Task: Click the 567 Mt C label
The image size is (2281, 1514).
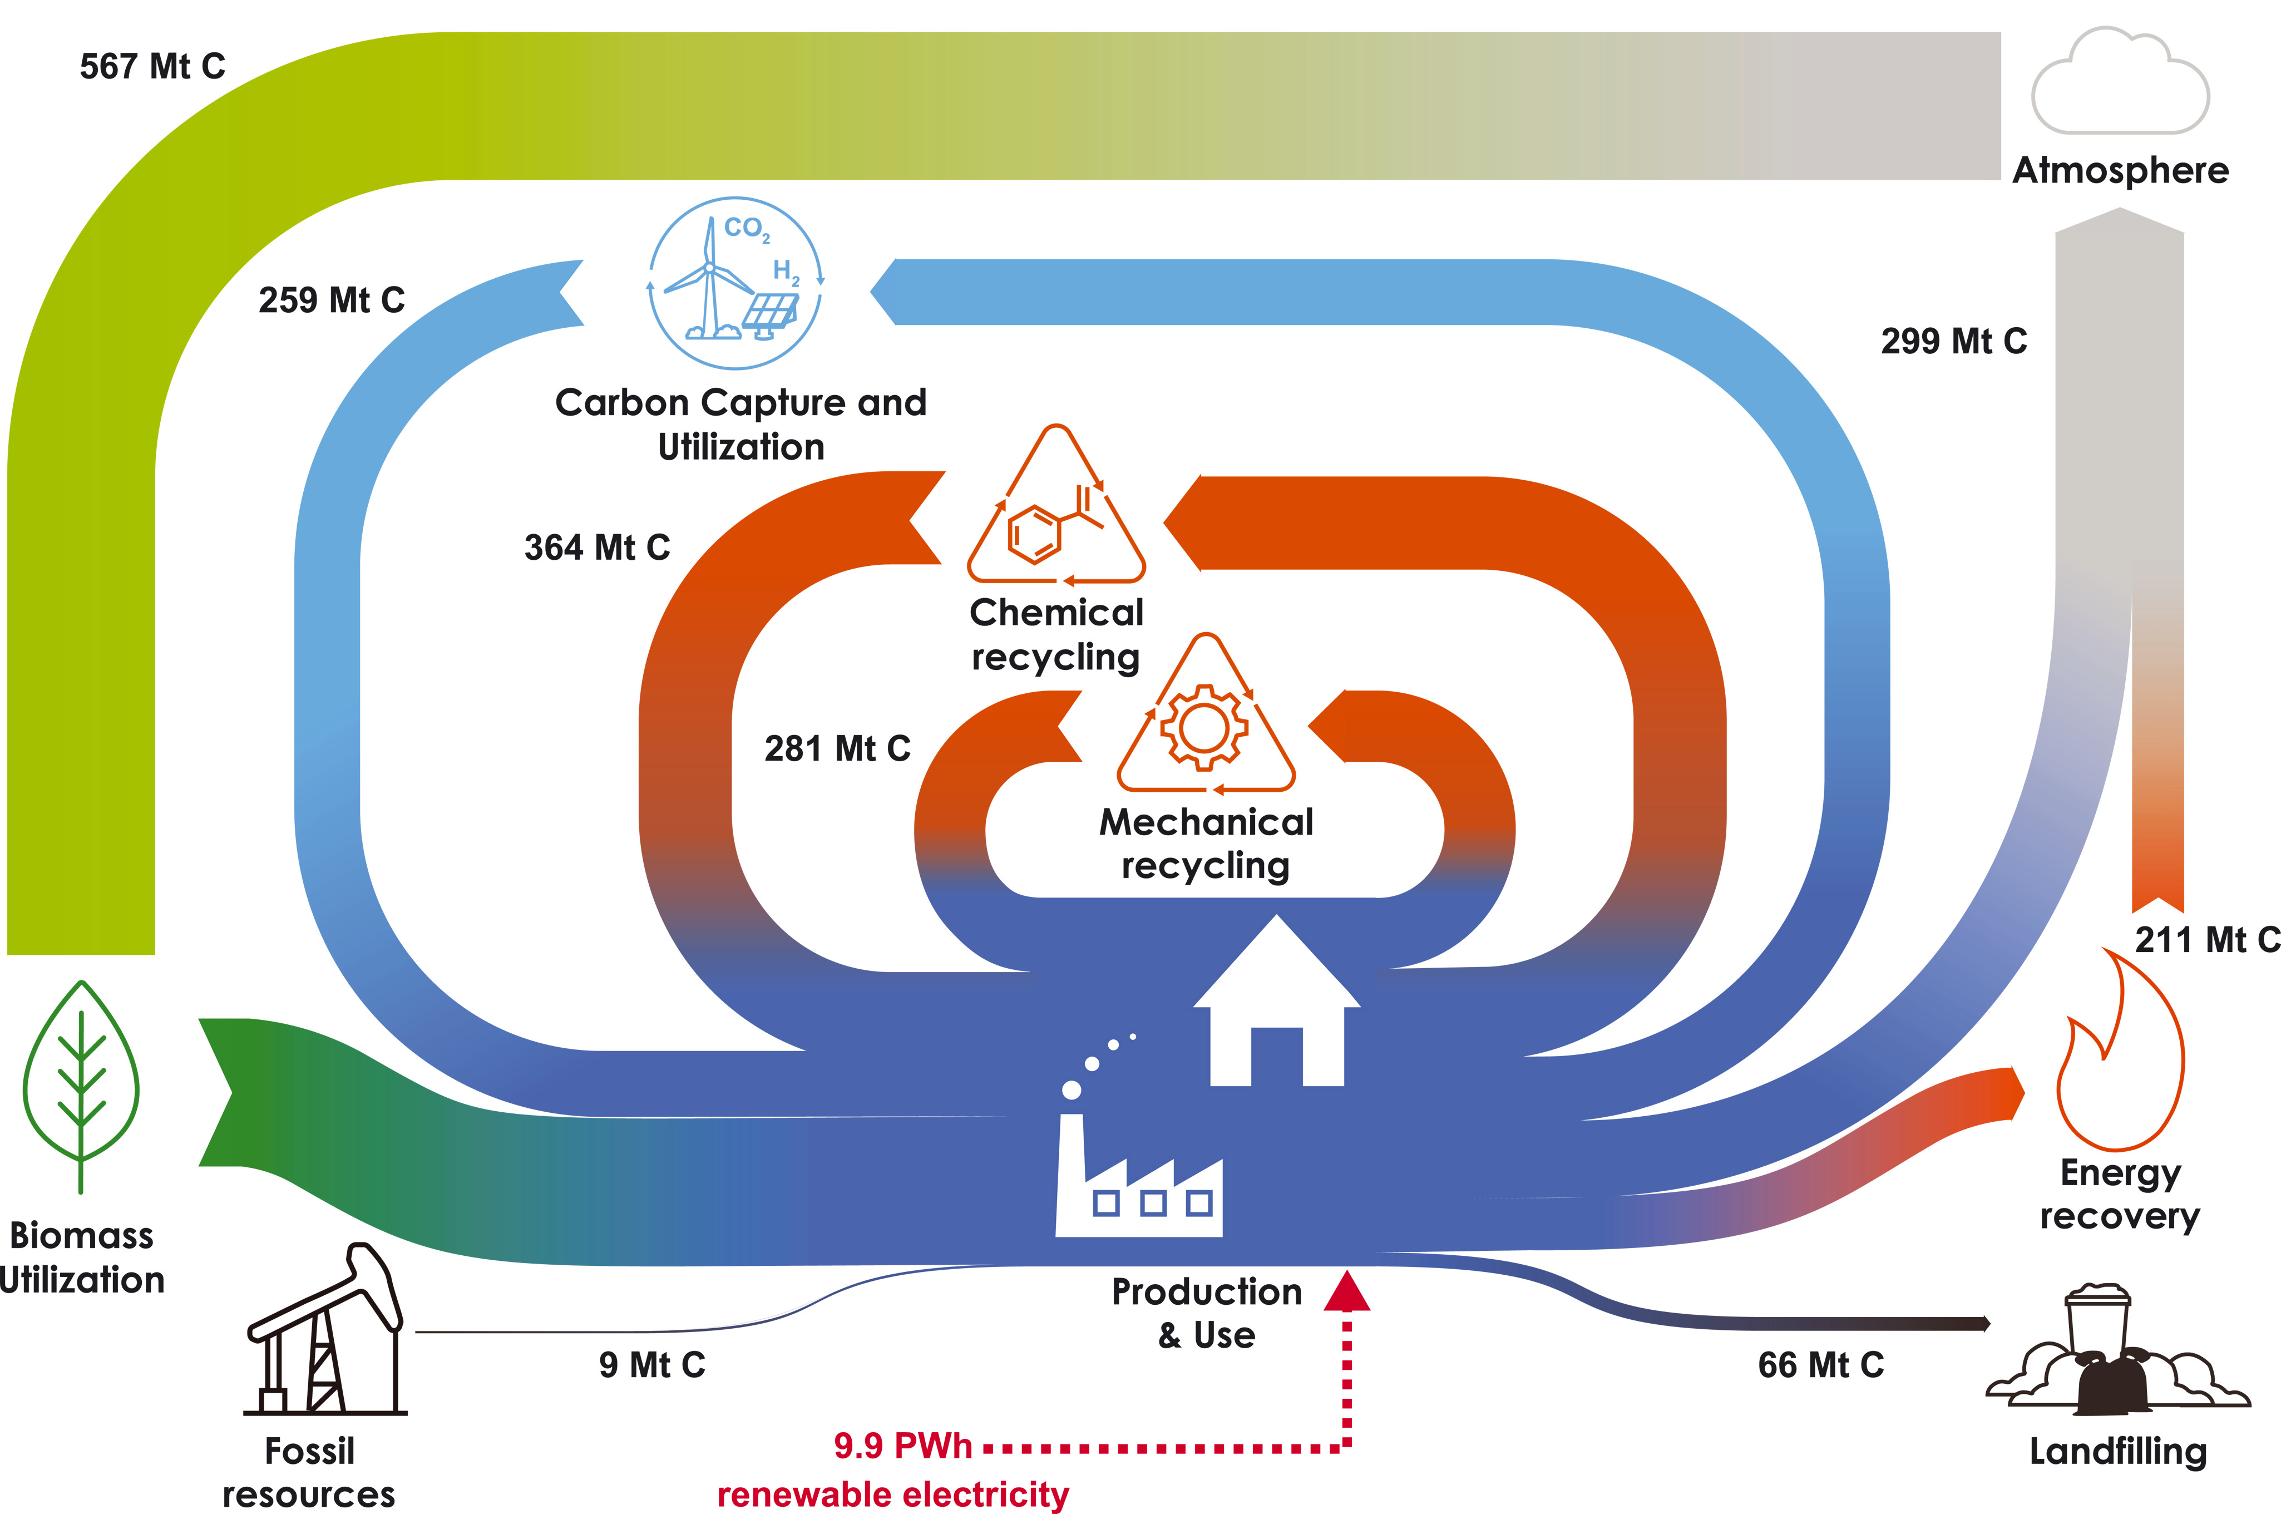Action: tap(152, 67)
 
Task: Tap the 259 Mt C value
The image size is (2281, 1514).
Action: tap(331, 300)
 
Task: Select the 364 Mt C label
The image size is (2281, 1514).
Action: tap(596, 548)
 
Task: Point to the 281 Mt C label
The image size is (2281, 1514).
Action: tap(837, 748)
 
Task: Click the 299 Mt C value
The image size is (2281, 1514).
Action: tap(1954, 341)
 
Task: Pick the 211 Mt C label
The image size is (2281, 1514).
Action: tap(2206, 939)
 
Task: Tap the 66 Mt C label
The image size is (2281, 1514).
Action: tap(1820, 1364)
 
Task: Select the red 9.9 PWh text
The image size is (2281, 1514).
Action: tap(902, 1446)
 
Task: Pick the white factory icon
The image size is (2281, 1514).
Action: tap(1139, 1178)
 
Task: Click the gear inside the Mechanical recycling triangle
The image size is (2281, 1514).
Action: tap(1204, 727)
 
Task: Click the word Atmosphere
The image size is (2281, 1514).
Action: tap(2120, 171)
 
